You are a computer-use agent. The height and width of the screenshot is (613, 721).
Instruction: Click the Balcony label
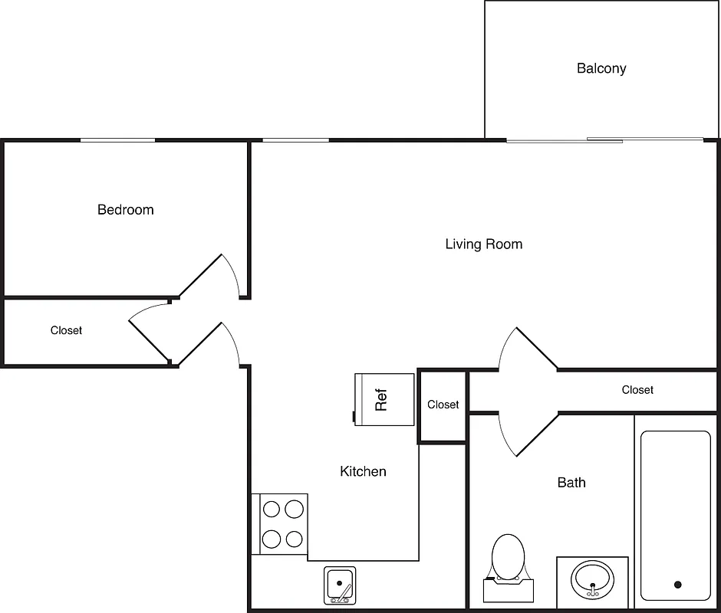(x=601, y=69)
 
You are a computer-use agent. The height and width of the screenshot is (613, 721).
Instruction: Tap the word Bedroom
(x=125, y=210)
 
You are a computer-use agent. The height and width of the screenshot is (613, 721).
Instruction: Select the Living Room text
(x=483, y=244)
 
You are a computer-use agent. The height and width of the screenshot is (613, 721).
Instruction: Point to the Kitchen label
(x=363, y=471)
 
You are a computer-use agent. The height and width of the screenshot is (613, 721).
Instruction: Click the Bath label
(x=571, y=483)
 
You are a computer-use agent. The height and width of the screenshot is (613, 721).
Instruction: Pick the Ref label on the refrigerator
(x=381, y=398)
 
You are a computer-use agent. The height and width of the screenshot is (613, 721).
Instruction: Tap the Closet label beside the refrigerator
(x=443, y=405)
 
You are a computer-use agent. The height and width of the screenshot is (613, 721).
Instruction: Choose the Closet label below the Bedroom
(x=66, y=330)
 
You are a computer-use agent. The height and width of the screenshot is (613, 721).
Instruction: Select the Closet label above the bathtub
(x=637, y=390)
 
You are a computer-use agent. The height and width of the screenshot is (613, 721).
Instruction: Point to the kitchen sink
(x=338, y=585)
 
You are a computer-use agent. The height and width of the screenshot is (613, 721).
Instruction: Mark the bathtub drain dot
(x=677, y=585)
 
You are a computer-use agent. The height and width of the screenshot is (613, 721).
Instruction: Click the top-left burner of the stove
(x=272, y=509)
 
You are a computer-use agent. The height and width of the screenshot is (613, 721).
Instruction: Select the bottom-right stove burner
(x=294, y=539)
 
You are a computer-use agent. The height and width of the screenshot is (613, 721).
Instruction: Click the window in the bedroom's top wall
(x=118, y=140)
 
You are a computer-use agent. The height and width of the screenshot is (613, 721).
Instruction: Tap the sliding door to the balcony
(x=604, y=140)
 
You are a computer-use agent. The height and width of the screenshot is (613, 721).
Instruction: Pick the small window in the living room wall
(x=295, y=140)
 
